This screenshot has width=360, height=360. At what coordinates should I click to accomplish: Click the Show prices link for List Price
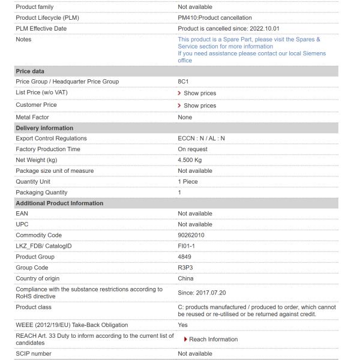click(x=199, y=93)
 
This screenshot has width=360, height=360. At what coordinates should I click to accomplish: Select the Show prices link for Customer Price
click(x=199, y=106)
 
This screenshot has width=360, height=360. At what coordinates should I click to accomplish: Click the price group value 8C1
click(x=185, y=82)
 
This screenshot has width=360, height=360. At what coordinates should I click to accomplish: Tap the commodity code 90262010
click(x=192, y=235)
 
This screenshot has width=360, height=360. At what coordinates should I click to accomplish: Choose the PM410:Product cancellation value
click(x=215, y=17)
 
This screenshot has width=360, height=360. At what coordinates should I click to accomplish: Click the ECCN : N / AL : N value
click(x=201, y=139)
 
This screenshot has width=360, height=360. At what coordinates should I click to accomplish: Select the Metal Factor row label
click(x=32, y=117)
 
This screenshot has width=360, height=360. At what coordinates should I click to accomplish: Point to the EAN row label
click(x=22, y=214)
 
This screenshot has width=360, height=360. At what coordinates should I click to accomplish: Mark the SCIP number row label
click(x=34, y=353)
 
